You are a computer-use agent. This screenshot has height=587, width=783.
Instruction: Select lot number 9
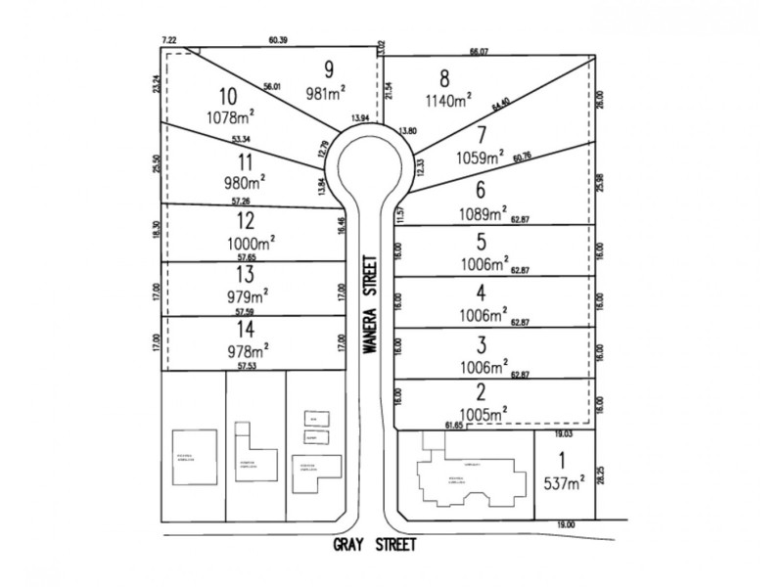click(329, 68)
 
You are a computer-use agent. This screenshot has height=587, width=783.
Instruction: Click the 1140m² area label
click(448, 99)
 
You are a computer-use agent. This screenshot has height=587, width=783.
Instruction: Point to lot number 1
click(562, 460)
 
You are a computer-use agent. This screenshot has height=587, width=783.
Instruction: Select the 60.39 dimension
click(280, 41)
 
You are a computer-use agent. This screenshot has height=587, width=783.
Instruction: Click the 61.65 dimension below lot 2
click(454, 427)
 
